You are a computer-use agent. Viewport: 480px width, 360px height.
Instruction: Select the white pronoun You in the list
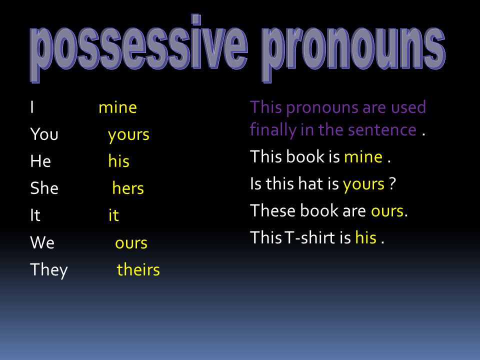coord(44,134)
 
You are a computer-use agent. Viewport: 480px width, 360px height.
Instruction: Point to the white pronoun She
coord(44,188)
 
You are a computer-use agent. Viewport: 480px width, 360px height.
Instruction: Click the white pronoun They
coord(49,270)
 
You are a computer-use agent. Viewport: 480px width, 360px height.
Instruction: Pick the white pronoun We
coord(42,242)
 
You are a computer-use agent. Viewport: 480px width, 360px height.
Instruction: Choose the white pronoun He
coord(40,161)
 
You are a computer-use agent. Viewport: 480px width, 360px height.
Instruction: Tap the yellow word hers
coord(128,188)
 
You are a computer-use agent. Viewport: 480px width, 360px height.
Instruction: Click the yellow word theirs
coord(138,269)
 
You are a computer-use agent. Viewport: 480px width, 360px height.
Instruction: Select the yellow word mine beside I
coord(118,107)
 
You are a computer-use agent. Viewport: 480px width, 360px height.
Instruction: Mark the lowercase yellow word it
coord(113,215)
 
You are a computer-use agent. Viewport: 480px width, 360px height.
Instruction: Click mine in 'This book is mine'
coord(363,156)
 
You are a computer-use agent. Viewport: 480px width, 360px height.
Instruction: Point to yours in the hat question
coord(363,184)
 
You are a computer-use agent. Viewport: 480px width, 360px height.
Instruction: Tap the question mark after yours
coord(393,183)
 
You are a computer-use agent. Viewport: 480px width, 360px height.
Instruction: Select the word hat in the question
coord(310,183)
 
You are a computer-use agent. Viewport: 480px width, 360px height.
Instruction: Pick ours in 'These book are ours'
coord(387,211)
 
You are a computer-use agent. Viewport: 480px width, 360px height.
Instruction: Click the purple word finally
coord(273,130)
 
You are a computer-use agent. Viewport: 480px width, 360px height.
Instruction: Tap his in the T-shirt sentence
coord(366,237)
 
